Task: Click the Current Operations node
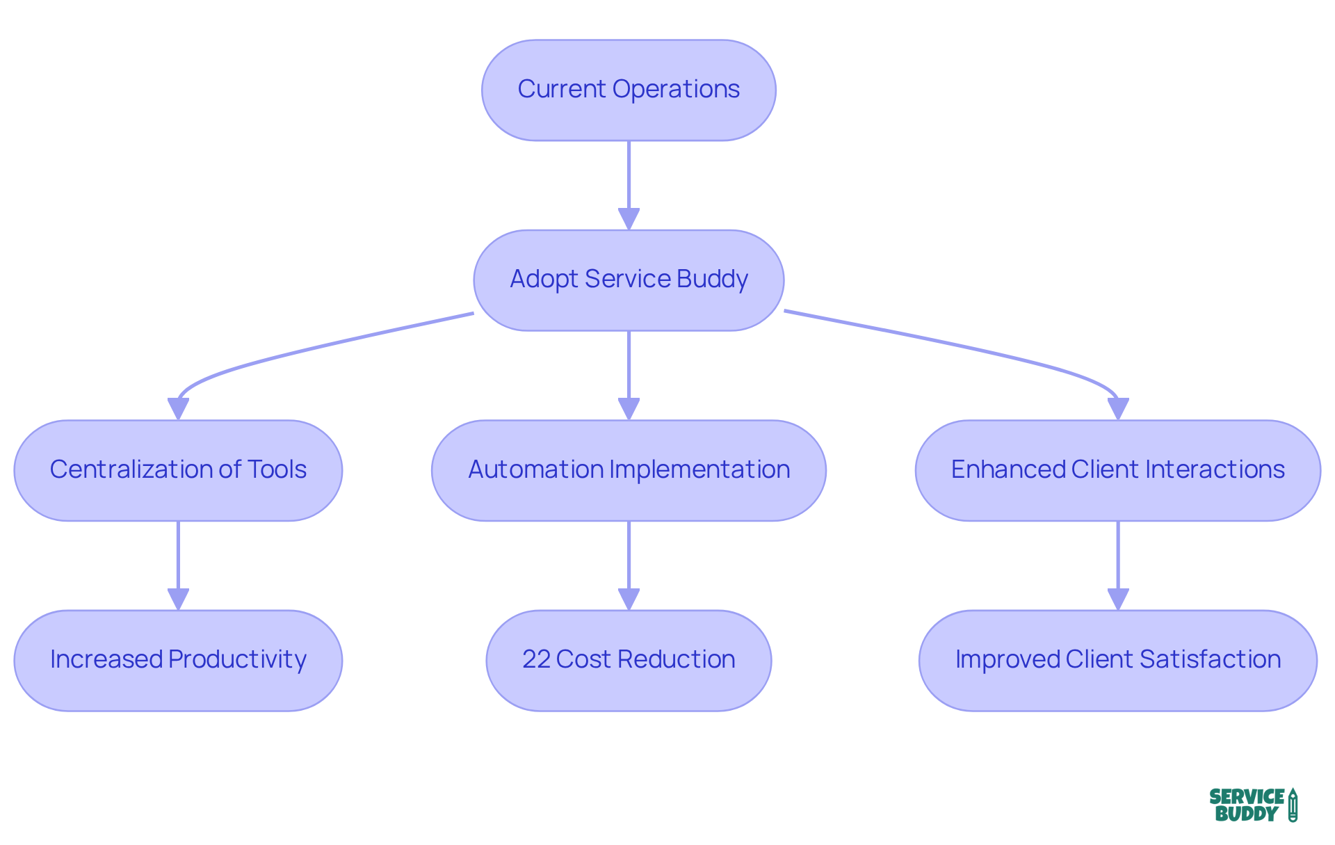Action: coord(629,90)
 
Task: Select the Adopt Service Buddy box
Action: coord(629,280)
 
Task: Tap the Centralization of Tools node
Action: coord(178,470)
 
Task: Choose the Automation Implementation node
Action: coord(629,470)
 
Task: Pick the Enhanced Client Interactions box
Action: coord(1117,470)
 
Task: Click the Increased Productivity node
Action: coord(178,660)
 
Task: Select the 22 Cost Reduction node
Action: coord(629,660)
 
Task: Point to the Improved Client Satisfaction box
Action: coord(1117,660)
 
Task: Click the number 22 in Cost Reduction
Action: coord(536,659)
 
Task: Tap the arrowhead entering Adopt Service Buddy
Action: coord(629,219)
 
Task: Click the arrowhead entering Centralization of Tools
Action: coord(178,409)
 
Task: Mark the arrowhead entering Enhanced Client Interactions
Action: coord(1117,409)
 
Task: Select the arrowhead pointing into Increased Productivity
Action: coord(178,599)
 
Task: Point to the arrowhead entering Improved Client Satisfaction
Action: coord(1117,599)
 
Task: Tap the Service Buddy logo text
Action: coord(1246,805)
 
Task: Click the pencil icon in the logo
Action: coord(1293,805)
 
